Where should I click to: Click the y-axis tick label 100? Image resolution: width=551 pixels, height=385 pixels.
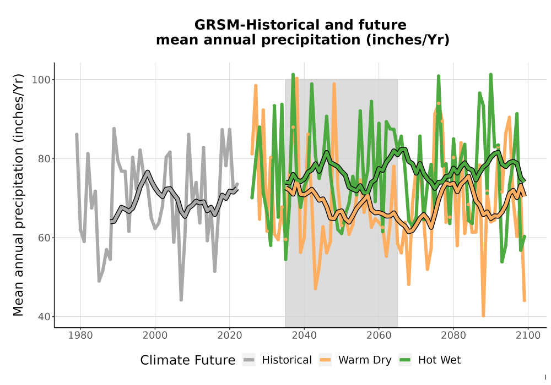(x=41, y=80)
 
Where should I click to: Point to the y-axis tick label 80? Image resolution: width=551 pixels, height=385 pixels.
(x=44, y=158)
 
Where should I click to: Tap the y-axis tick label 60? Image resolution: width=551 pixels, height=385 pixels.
(x=44, y=238)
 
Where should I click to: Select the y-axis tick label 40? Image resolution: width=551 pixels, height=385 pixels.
(x=44, y=316)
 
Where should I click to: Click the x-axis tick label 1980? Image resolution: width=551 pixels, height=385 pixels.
(x=80, y=335)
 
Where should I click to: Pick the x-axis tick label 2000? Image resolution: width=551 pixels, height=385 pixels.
(x=155, y=335)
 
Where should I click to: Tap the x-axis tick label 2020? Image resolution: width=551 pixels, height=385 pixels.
(x=229, y=335)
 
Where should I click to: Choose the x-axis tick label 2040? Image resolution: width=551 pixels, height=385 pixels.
(x=304, y=335)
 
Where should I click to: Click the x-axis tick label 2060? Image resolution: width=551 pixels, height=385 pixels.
(x=379, y=335)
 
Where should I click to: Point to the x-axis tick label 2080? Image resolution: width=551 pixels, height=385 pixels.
(x=453, y=335)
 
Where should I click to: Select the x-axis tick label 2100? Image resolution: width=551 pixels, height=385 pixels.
(x=528, y=335)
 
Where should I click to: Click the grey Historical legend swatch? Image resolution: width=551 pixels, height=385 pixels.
(x=249, y=360)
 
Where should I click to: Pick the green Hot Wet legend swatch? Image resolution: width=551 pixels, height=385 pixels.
(x=405, y=360)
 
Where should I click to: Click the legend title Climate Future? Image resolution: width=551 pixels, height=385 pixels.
(x=188, y=360)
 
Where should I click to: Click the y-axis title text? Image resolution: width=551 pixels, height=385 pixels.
(x=18, y=195)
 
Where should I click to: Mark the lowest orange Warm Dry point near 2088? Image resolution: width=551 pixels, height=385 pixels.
(x=484, y=316)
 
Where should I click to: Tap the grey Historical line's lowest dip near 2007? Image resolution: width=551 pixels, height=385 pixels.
(x=181, y=300)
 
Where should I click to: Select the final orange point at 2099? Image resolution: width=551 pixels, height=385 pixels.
(x=525, y=300)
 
